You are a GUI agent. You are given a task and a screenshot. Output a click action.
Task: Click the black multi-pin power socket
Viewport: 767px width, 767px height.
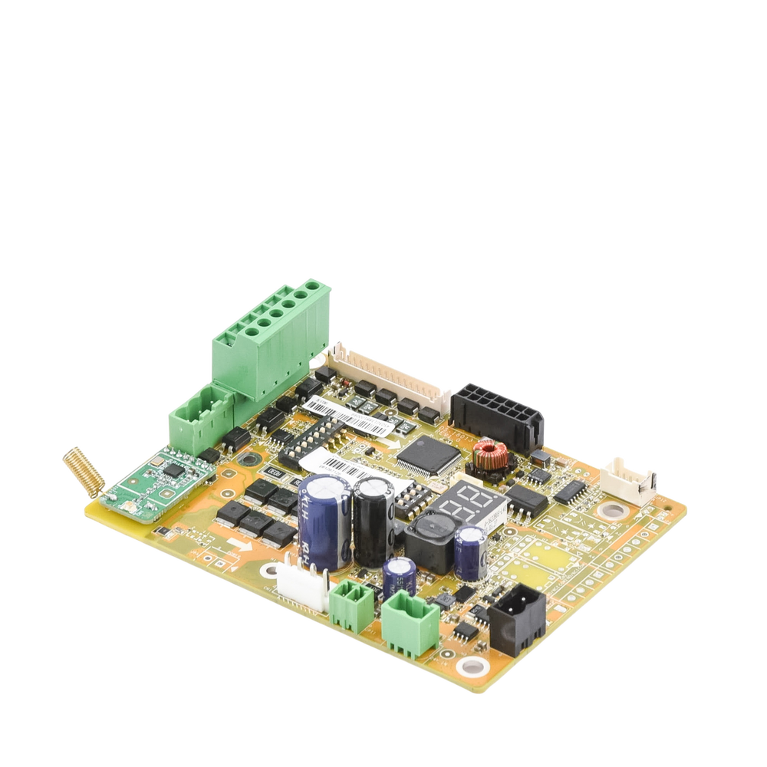pyautogui.click(x=497, y=416)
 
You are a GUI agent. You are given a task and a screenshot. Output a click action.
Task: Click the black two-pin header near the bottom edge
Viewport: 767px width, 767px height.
pyautogui.click(x=517, y=617)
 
